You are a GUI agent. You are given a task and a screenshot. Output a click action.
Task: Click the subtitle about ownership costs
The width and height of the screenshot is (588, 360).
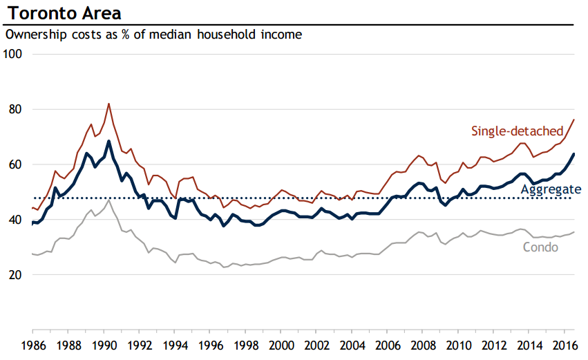coord(153,34)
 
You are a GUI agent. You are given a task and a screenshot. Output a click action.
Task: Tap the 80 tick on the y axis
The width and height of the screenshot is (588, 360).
coord(16,109)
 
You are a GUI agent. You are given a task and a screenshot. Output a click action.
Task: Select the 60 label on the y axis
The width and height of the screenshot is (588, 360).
coord(16,164)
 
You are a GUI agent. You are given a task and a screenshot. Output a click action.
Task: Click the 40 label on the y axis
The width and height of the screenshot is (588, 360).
coord(16,220)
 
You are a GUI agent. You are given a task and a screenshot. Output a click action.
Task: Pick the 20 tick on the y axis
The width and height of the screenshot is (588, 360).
coord(16,275)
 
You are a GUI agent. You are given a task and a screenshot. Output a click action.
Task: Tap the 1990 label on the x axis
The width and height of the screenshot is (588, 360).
coord(104,345)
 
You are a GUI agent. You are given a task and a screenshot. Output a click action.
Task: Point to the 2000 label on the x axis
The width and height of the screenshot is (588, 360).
coord(281,345)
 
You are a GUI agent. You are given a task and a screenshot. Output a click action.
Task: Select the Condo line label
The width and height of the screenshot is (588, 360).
coord(541,247)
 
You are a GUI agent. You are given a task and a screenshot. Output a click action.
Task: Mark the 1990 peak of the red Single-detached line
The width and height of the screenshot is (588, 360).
coord(108,104)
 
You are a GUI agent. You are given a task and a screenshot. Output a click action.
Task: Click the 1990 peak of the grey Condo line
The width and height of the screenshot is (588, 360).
coord(108,200)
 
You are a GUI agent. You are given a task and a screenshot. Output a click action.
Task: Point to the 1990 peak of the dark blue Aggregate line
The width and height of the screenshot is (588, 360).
coord(108,141)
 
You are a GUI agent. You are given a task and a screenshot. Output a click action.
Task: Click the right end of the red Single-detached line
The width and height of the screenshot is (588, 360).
coord(574,120)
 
